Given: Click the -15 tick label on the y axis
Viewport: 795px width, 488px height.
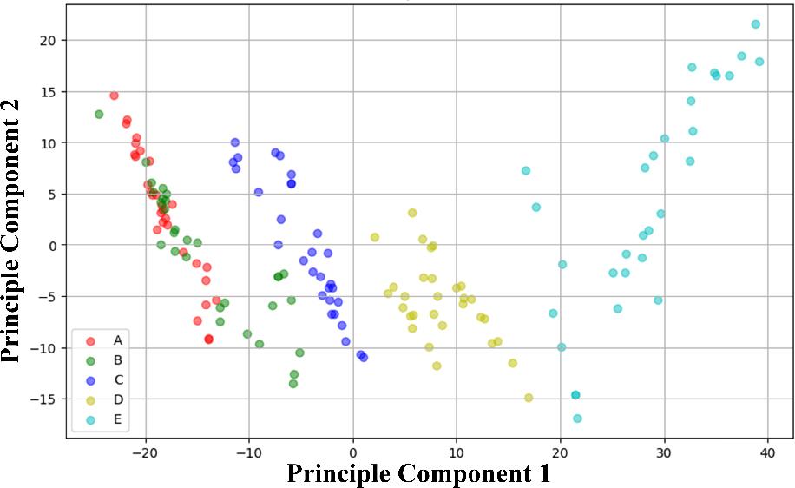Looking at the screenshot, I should point(45,399).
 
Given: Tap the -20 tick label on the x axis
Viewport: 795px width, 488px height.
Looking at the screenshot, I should point(145,453).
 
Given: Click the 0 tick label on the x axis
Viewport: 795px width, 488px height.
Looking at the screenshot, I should point(353,453).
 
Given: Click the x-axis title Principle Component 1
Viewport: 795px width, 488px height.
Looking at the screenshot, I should point(418,473).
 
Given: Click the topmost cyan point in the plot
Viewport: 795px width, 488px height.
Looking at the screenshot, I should point(755,24).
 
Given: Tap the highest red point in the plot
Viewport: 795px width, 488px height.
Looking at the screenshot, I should point(114,96).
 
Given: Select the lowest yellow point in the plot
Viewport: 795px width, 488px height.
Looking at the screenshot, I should point(529,398).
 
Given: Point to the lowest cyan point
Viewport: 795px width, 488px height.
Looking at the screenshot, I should point(577,419).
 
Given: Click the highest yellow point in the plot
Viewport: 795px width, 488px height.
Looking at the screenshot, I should point(412,213).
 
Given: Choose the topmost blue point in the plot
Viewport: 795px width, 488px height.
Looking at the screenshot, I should point(234,142).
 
